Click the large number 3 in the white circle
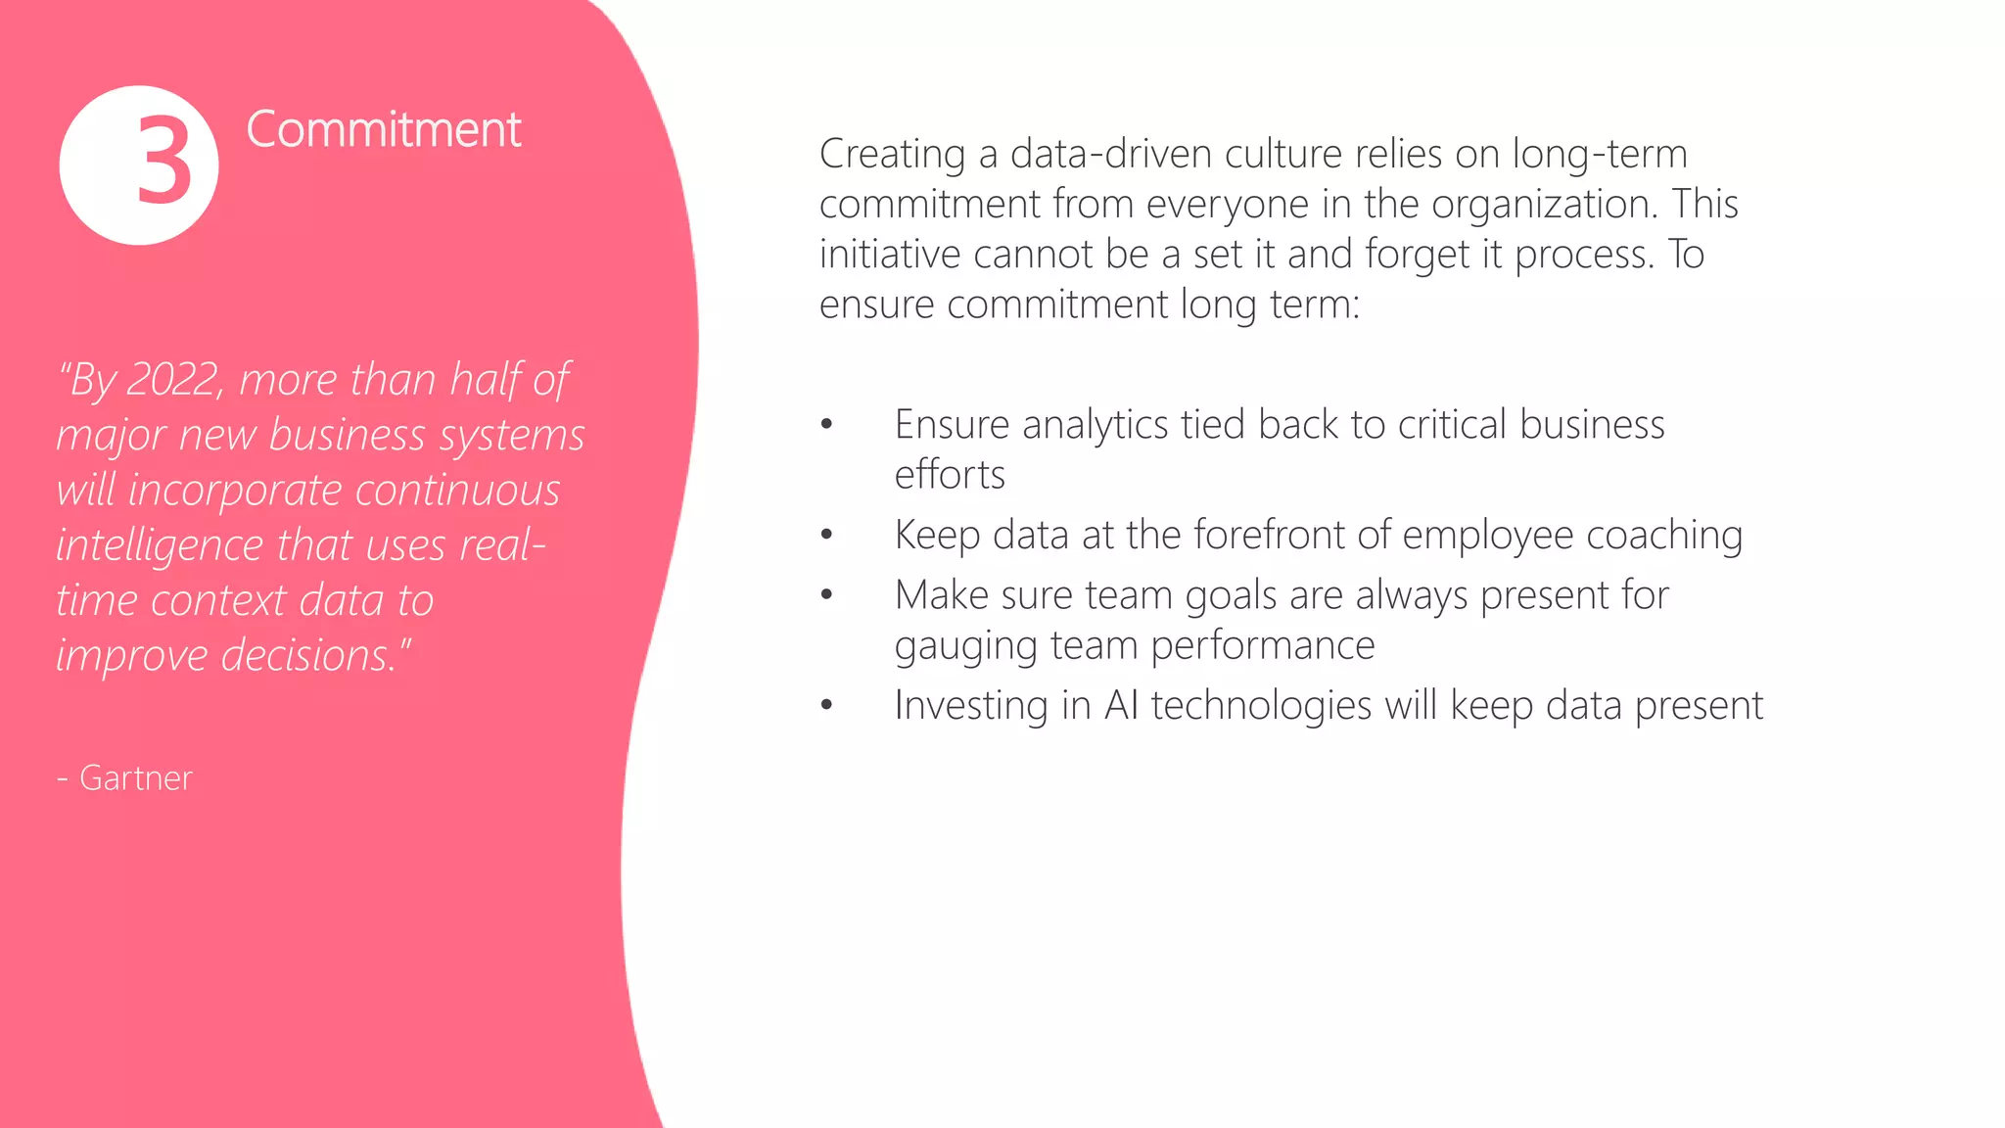pyautogui.click(x=163, y=162)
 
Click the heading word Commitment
pyautogui.click(x=384, y=129)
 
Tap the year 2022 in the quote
pyautogui.click(x=172, y=380)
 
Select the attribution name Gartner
pyautogui.click(x=135, y=777)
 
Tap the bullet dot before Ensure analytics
pyautogui.click(x=827, y=424)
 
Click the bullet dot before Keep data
pyautogui.click(x=827, y=535)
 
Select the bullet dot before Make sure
pyautogui.click(x=827, y=594)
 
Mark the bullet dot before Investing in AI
pyautogui.click(x=827, y=705)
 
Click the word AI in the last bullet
pyautogui.click(x=1121, y=705)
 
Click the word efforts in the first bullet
pyautogui.click(x=950, y=475)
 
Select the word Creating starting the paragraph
pyautogui.click(x=893, y=155)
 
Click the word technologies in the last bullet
pyautogui.click(x=1261, y=706)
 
